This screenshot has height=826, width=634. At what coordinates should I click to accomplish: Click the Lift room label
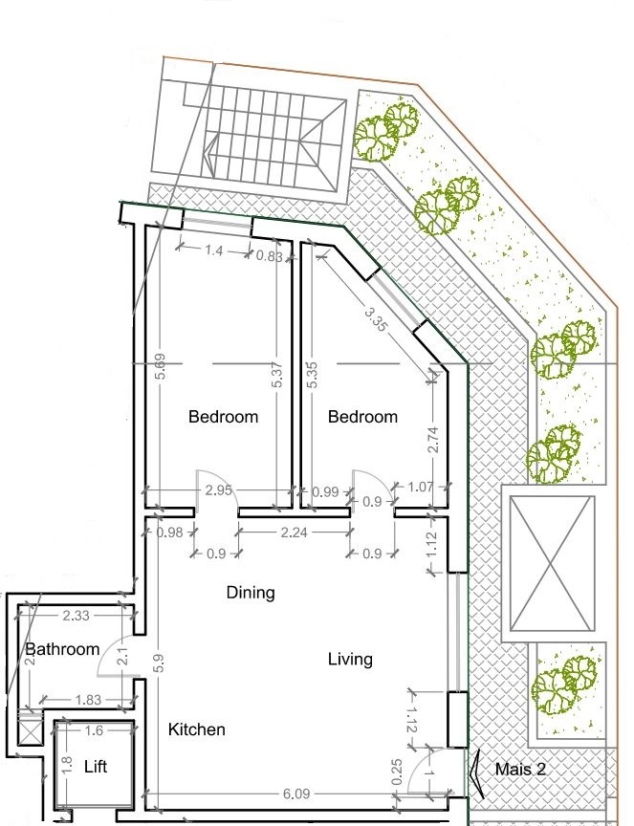tap(96, 767)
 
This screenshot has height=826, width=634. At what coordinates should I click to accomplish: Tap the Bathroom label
tap(62, 649)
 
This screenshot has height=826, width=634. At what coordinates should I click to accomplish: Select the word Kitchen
tap(197, 729)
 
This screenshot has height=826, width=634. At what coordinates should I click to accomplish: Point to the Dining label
tap(251, 593)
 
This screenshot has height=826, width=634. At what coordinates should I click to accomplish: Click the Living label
tap(350, 659)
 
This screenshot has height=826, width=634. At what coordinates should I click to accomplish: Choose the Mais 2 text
tap(520, 769)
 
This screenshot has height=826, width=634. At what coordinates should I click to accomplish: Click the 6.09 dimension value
tap(296, 793)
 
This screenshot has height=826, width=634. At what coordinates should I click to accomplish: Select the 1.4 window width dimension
tap(213, 250)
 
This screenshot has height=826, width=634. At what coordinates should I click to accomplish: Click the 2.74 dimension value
tap(432, 440)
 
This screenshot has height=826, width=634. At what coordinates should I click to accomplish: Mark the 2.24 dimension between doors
tap(294, 533)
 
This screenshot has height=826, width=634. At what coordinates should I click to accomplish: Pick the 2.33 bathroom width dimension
tap(76, 616)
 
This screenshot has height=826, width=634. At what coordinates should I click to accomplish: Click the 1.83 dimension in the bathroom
tap(88, 700)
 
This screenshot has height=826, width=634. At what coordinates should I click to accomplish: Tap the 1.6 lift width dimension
tap(94, 730)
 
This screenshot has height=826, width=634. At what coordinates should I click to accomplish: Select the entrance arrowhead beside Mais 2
tap(476, 773)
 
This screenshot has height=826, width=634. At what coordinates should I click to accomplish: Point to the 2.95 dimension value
tap(218, 490)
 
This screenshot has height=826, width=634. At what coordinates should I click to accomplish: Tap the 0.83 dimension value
tap(269, 256)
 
